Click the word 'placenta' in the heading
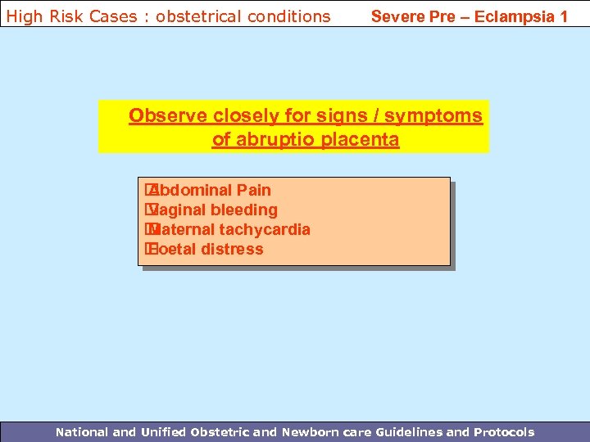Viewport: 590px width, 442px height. (x=360, y=140)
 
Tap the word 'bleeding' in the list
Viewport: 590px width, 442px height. (x=244, y=210)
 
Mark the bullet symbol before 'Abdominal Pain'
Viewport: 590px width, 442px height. (x=150, y=191)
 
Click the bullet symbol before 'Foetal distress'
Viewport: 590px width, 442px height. (x=150, y=250)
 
